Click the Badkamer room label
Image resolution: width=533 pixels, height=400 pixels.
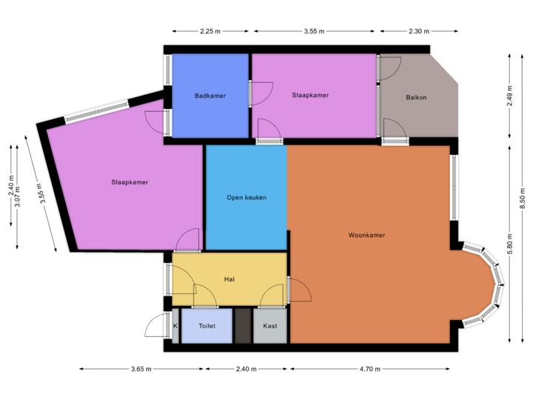[210, 96]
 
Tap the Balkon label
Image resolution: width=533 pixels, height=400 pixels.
[416, 97]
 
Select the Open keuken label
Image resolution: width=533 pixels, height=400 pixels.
[247, 198]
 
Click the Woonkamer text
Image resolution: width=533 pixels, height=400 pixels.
[366, 236]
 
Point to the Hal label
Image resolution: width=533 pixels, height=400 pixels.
[229, 279]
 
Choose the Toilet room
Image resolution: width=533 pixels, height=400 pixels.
[207, 326]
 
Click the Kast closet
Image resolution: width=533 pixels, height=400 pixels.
[269, 326]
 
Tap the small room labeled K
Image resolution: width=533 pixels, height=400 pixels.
[175, 326]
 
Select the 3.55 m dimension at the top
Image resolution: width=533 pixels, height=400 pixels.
[315, 32]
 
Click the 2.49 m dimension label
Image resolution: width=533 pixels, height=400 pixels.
[510, 96]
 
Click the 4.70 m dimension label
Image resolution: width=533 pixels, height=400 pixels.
[370, 369]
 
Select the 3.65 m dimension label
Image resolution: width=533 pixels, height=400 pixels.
[141, 369]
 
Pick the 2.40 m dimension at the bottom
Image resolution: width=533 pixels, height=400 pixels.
[247, 369]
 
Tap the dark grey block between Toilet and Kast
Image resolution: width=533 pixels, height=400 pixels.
[243, 326]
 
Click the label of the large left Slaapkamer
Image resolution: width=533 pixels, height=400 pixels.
[130, 182]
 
